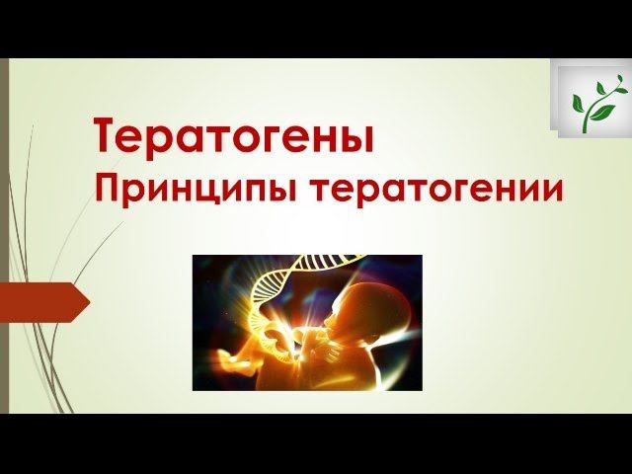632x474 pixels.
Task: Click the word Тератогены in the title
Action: (234, 135)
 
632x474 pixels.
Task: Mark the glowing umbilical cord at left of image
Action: (237, 346)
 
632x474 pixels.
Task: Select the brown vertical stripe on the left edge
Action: (4, 237)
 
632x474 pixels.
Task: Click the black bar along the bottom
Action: (316, 444)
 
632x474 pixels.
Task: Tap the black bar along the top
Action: (316, 28)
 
